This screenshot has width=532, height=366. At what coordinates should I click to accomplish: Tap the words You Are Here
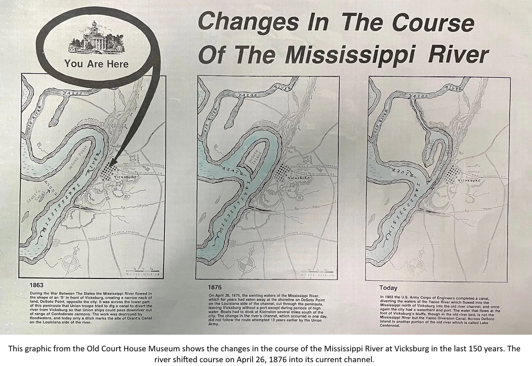click(x=96, y=64)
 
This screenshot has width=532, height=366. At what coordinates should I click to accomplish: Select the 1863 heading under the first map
click(x=37, y=285)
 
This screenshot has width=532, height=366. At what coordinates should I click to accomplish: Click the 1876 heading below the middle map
click(x=215, y=287)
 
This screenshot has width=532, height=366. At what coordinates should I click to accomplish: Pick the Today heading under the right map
click(x=388, y=288)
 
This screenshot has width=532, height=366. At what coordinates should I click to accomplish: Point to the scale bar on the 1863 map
click(x=142, y=271)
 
